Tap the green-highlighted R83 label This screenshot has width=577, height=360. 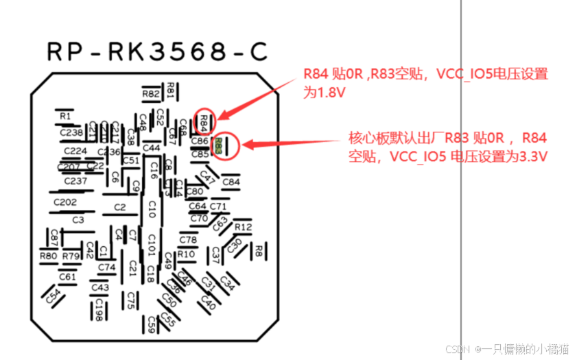click(218, 145)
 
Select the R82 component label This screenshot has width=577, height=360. click(151, 93)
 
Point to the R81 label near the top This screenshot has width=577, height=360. click(171, 89)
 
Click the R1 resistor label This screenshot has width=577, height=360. click(65, 116)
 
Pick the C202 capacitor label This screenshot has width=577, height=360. click(65, 202)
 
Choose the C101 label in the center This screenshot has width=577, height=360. click(152, 243)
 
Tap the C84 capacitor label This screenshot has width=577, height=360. click(231, 182)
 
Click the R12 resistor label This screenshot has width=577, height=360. click(243, 227)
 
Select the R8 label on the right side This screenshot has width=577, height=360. click(259, 251)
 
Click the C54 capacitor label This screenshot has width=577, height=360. click(53, 296)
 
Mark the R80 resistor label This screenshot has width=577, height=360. click(48, 256)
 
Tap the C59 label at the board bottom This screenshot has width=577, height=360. click(151, 322)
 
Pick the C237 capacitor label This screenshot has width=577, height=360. click(75, 181)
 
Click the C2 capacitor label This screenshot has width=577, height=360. click(120, 207)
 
